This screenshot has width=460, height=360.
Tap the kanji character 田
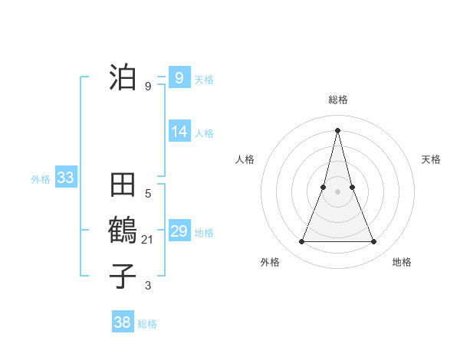coord(123,186)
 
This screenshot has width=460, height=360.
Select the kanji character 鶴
coord(123,231)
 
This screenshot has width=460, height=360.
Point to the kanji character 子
coord(123,277)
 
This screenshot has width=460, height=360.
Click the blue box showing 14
coord(179,132)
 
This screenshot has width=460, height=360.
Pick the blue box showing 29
coord(179,231)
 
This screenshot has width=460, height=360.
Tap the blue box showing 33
coord(65,178)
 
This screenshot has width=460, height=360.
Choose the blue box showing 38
coord(123,322)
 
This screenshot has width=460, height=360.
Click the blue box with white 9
coord(179,78)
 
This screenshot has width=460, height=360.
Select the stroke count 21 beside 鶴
coord(148,240)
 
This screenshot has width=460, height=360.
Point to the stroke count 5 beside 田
coord(148,194)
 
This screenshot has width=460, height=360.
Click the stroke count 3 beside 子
coord(148,286)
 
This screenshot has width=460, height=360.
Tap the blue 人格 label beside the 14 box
coord(204,133)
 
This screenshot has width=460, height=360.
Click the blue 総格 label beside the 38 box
coord(147,324)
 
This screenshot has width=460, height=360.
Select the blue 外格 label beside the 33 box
coord(41,179)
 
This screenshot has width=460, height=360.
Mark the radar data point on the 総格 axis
coord(337,129)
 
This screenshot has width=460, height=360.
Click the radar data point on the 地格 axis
coord(374,242)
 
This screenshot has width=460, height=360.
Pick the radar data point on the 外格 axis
coord(301,242)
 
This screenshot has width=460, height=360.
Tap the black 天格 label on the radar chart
coord(432,159)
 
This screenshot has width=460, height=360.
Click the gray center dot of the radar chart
coord(337,191)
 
